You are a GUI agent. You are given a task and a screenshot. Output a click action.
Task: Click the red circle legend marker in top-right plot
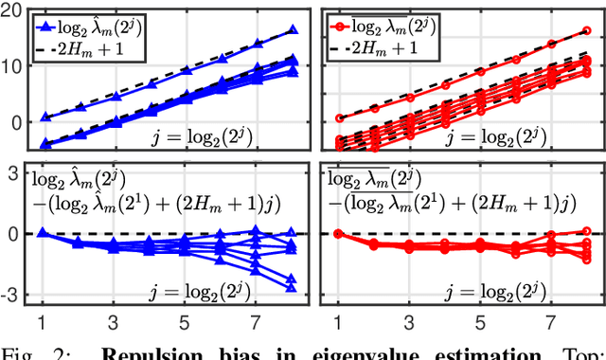click(x=354, y=18)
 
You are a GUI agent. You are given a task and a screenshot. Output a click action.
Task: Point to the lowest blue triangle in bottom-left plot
click(x=292, y=287)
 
